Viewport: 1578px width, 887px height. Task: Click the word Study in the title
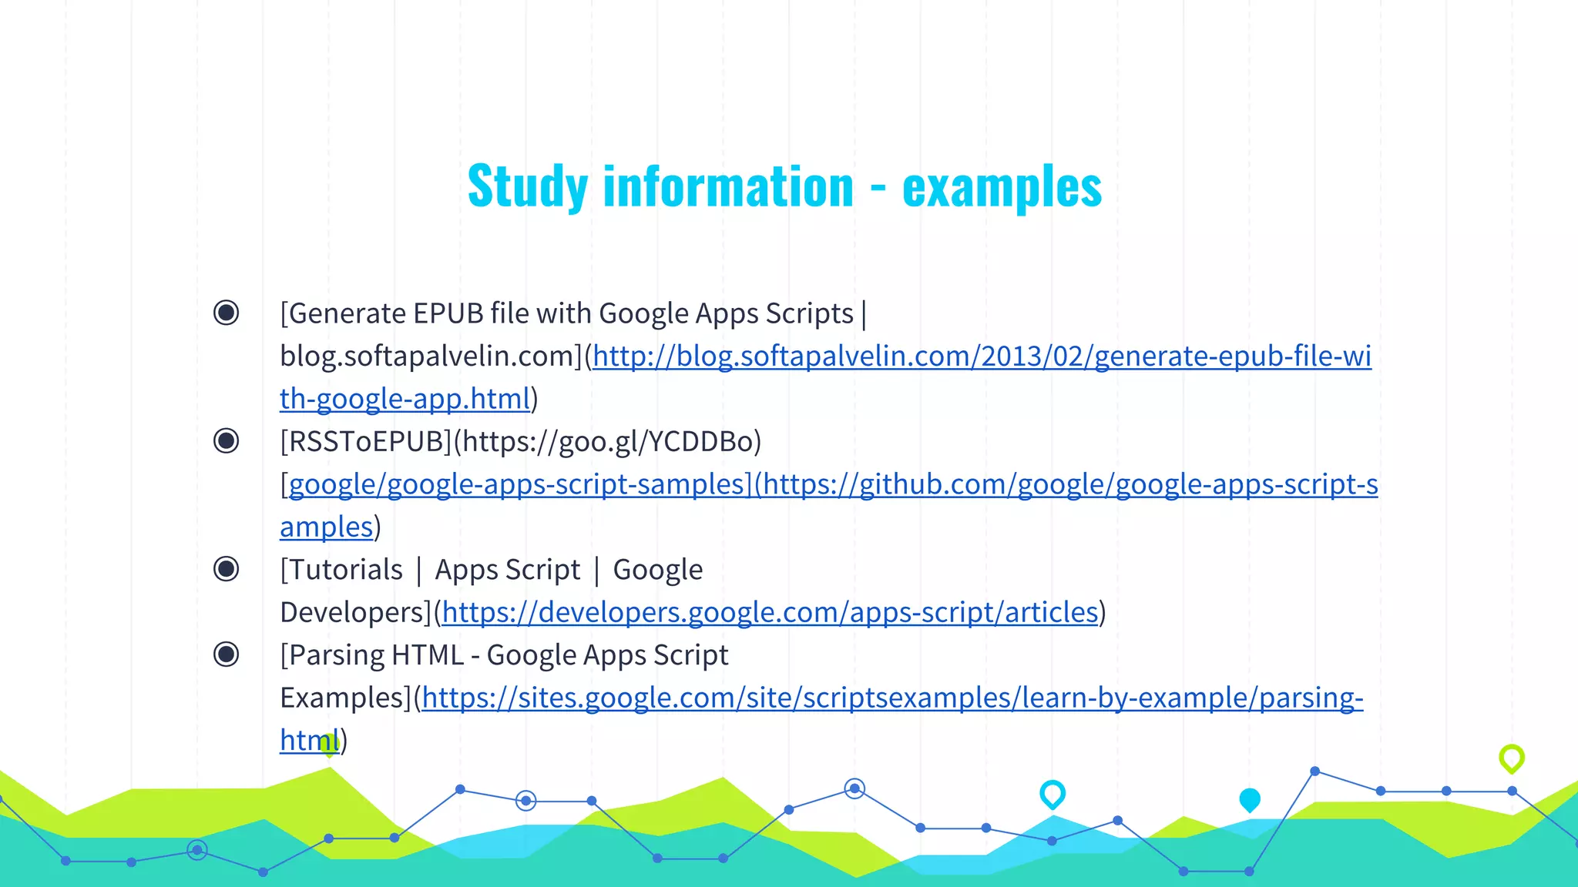528,187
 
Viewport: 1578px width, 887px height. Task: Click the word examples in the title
1002,187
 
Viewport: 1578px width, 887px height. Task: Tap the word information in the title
728,187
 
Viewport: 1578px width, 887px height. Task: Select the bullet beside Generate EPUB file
227,313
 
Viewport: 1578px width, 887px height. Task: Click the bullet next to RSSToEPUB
227,441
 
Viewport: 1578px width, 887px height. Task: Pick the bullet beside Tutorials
227,569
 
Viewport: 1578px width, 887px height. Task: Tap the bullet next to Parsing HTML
227,654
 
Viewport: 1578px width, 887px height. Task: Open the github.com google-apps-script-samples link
1063,484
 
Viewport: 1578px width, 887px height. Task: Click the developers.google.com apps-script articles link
770,613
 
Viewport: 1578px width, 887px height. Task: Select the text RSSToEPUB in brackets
365,442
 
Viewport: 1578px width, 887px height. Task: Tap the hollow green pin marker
1511,758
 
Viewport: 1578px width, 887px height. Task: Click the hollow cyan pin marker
1053,793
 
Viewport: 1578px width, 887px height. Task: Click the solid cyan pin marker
1250,800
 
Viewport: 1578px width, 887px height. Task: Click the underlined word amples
326,527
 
